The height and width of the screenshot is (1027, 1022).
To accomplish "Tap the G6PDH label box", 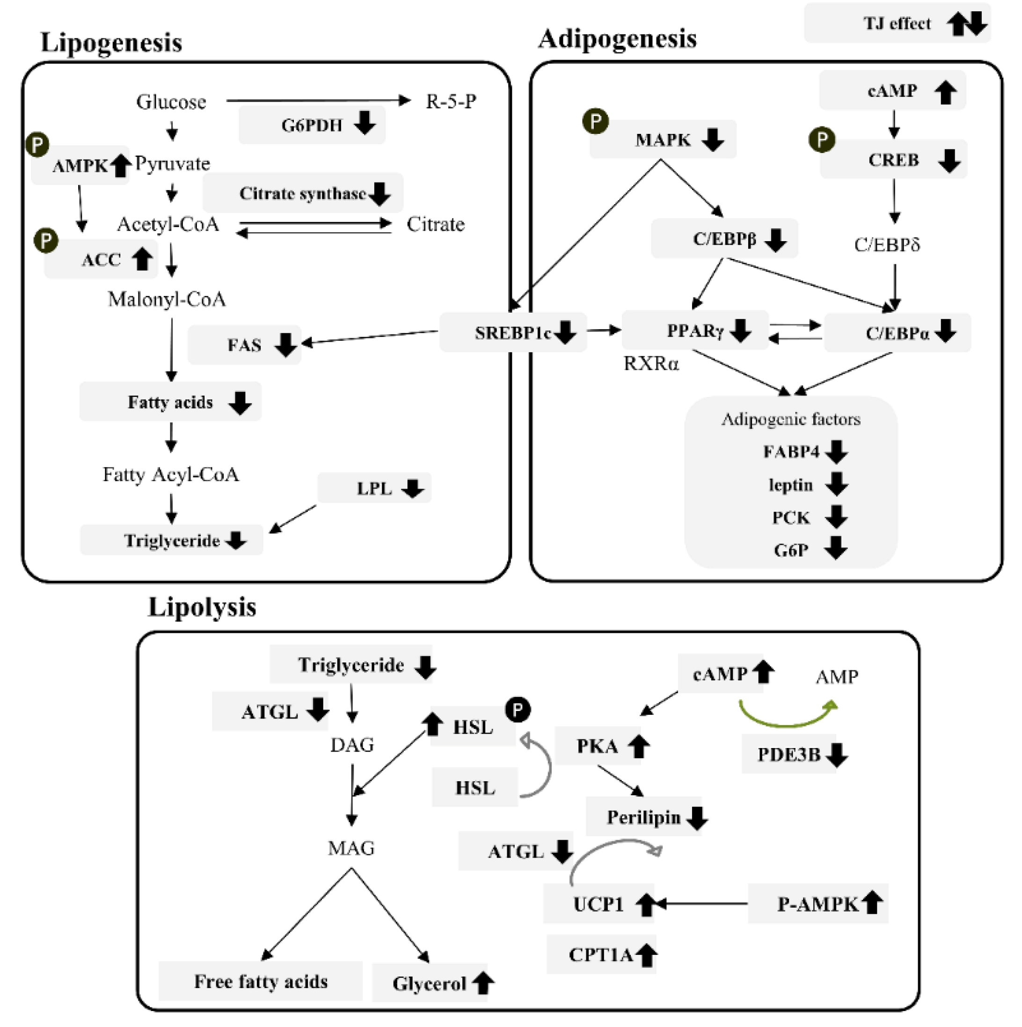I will click(312, 125).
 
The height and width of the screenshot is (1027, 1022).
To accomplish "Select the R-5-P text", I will click(451, 101).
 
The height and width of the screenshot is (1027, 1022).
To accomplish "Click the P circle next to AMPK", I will click(37, 144).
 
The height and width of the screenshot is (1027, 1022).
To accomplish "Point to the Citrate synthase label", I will click(302, 193).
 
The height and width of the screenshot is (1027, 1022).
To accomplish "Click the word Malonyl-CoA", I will click(167, 299).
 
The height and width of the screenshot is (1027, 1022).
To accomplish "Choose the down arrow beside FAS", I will click(286, 345).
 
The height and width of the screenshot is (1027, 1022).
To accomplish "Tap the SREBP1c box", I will click(512, 333).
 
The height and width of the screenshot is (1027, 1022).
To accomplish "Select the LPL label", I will click(374, 488).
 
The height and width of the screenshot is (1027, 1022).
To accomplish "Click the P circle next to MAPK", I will click(595, 121).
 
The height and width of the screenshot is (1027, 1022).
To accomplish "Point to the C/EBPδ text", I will click(886, 244).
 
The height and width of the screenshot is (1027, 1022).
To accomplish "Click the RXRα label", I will click(651, 364).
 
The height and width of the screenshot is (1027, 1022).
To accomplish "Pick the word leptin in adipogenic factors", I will click(790, 485).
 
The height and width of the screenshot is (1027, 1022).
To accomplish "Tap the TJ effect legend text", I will click(897, 23).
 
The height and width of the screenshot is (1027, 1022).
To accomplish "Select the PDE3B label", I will click(788, 754).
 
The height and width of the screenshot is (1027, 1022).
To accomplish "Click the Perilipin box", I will click(643, 817).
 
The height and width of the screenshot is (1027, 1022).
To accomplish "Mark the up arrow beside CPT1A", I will click(646, 955).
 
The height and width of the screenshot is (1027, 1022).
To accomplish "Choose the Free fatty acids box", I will click(261, 981).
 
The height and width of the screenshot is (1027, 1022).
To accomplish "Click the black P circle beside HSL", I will click(518, 709).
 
